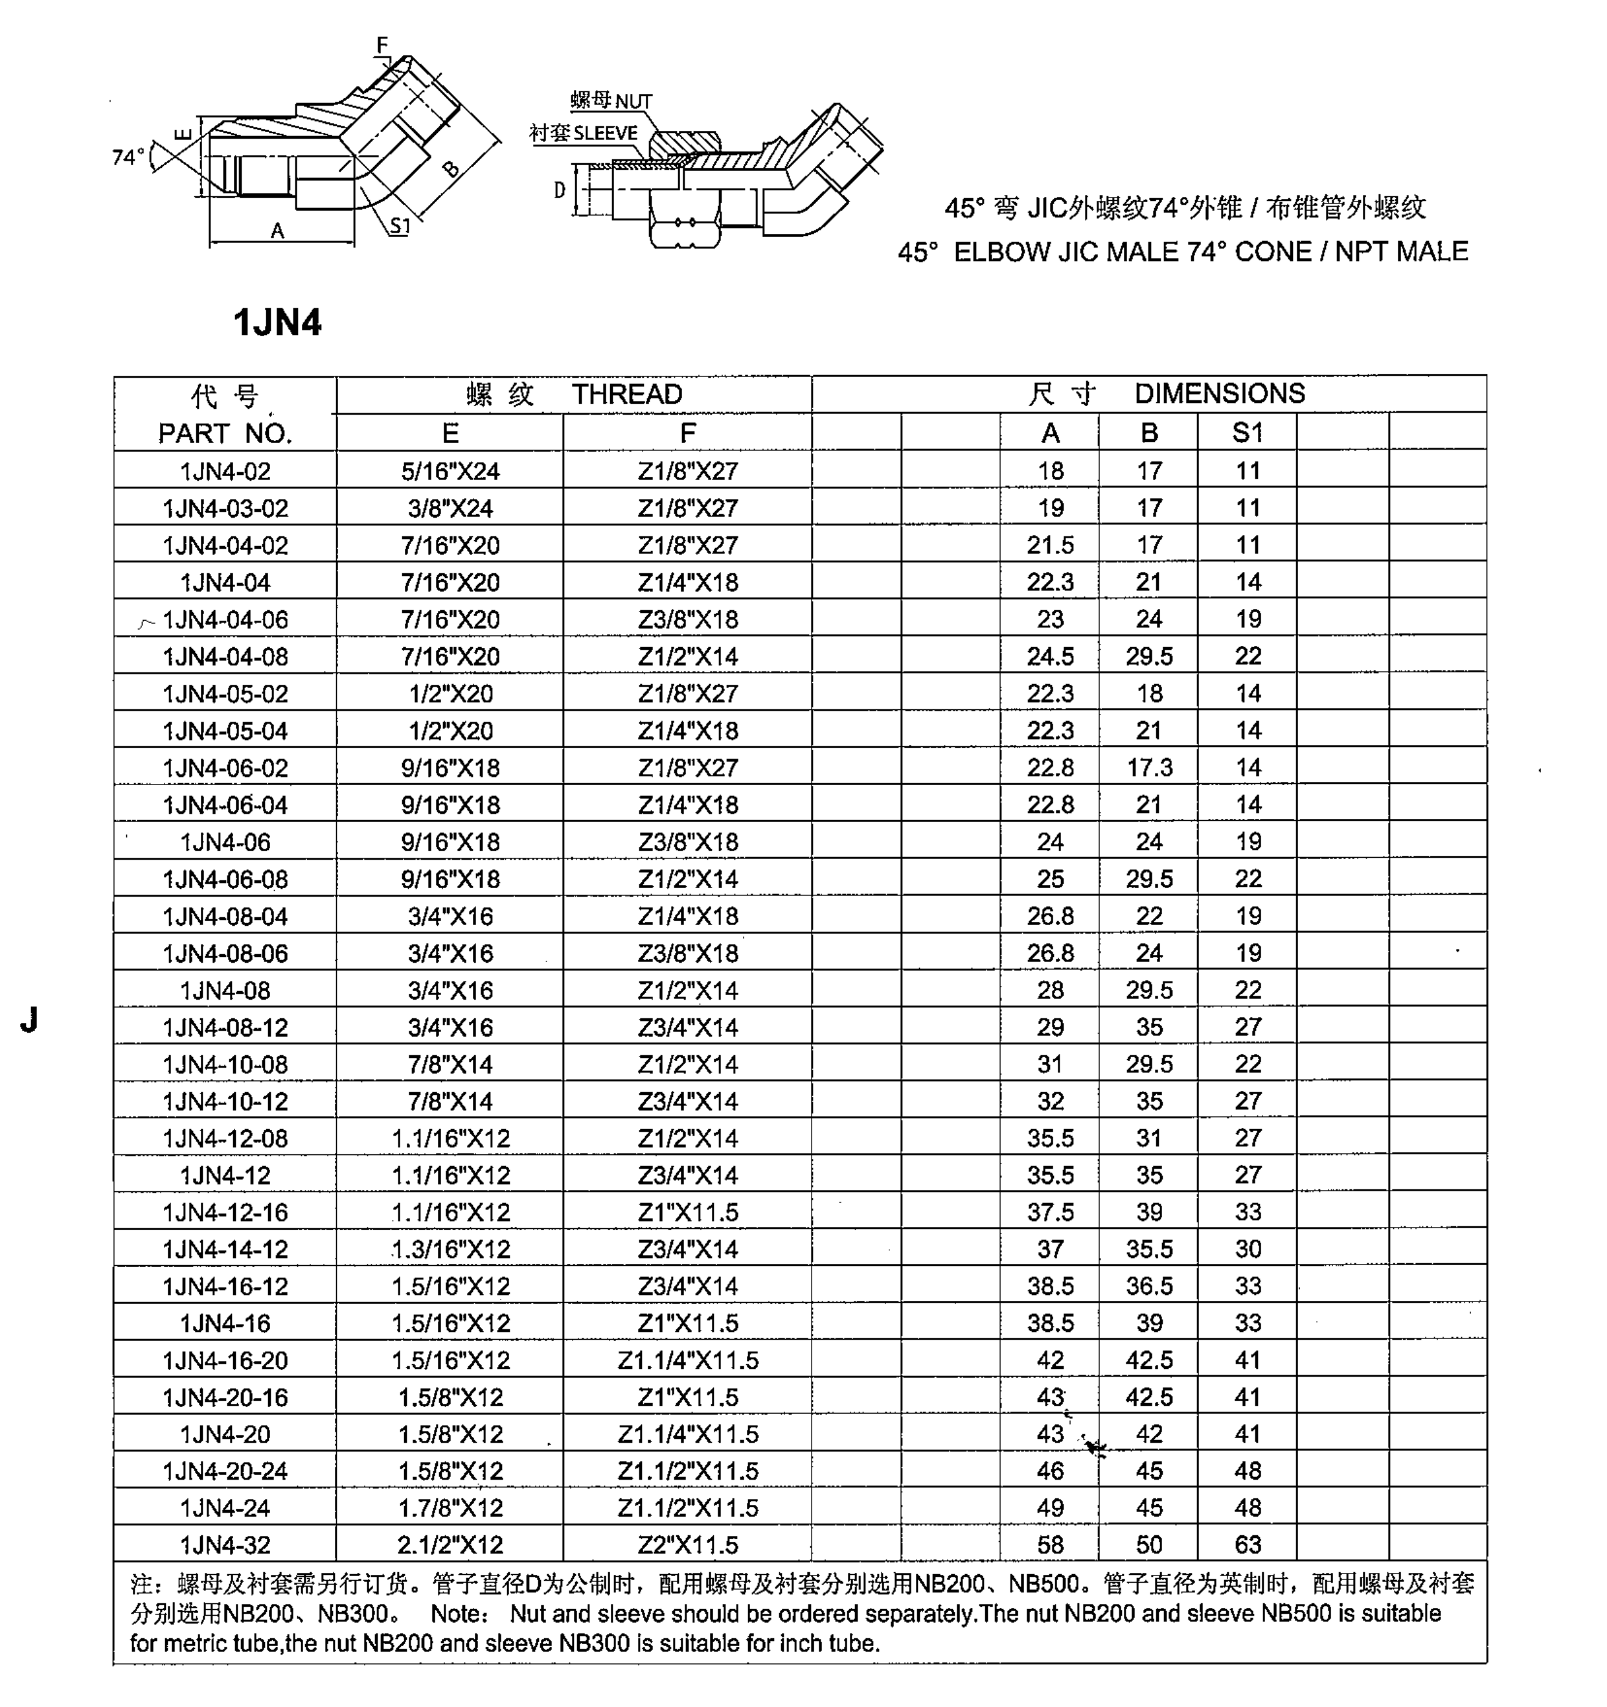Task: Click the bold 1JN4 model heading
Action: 277,323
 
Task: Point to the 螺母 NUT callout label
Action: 611,100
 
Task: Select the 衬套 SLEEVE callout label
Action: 584,133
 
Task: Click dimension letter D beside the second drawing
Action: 560,190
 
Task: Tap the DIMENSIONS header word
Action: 1219,393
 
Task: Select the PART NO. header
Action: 225,433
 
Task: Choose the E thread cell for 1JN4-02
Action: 450,470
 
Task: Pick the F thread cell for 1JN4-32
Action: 688,1544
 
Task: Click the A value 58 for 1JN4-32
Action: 1050,1544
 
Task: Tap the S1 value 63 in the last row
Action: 1248,1544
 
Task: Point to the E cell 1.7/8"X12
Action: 450,1507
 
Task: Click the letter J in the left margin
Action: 29,1019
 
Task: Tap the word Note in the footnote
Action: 459,1614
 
